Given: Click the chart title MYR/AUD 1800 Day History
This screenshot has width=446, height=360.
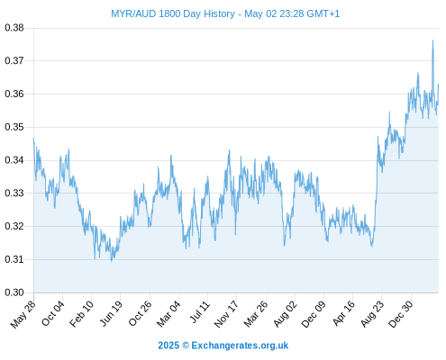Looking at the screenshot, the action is [173, 13].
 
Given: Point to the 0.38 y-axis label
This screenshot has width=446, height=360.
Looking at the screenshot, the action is [14, 28].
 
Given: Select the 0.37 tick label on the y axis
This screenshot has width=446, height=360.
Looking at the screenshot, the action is [14, 60].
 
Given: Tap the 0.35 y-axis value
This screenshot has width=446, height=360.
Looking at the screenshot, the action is [14, 127].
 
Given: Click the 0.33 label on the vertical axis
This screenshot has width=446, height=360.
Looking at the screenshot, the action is [14, 193].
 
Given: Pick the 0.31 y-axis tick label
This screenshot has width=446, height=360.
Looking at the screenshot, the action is [14, 259].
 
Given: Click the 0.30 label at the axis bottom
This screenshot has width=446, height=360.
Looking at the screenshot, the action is [14, 292].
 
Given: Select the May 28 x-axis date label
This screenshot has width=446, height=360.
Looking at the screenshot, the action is [23, 314].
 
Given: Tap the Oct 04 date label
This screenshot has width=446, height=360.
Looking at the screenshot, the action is [52, 313].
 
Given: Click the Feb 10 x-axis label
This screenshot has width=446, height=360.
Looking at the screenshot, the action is [81, 314].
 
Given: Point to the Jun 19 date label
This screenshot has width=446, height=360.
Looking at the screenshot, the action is [111, 313].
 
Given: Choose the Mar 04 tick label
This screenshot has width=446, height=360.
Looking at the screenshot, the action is [168, 314].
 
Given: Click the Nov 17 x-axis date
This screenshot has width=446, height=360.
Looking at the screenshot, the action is [226, 314].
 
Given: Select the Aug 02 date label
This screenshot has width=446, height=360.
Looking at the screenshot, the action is [285, 314].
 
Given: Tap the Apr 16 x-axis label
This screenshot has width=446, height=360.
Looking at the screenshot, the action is [343, 313].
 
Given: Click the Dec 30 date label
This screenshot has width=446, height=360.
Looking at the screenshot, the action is [401, 314].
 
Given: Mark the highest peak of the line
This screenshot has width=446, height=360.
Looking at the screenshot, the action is [432, 40].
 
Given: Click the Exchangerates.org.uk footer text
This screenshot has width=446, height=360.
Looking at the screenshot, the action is [240, 346].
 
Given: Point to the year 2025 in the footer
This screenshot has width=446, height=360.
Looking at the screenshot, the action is [168, 346].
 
